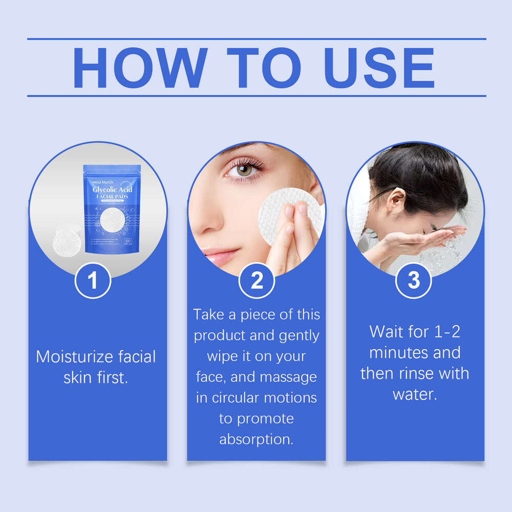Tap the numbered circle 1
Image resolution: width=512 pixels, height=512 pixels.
93,281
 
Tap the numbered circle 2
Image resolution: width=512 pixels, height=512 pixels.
257,281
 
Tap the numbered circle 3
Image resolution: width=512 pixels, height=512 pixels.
414,280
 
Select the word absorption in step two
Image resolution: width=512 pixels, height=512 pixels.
257,439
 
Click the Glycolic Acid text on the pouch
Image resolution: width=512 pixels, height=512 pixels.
112,190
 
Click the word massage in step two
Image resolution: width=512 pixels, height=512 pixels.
288,377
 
